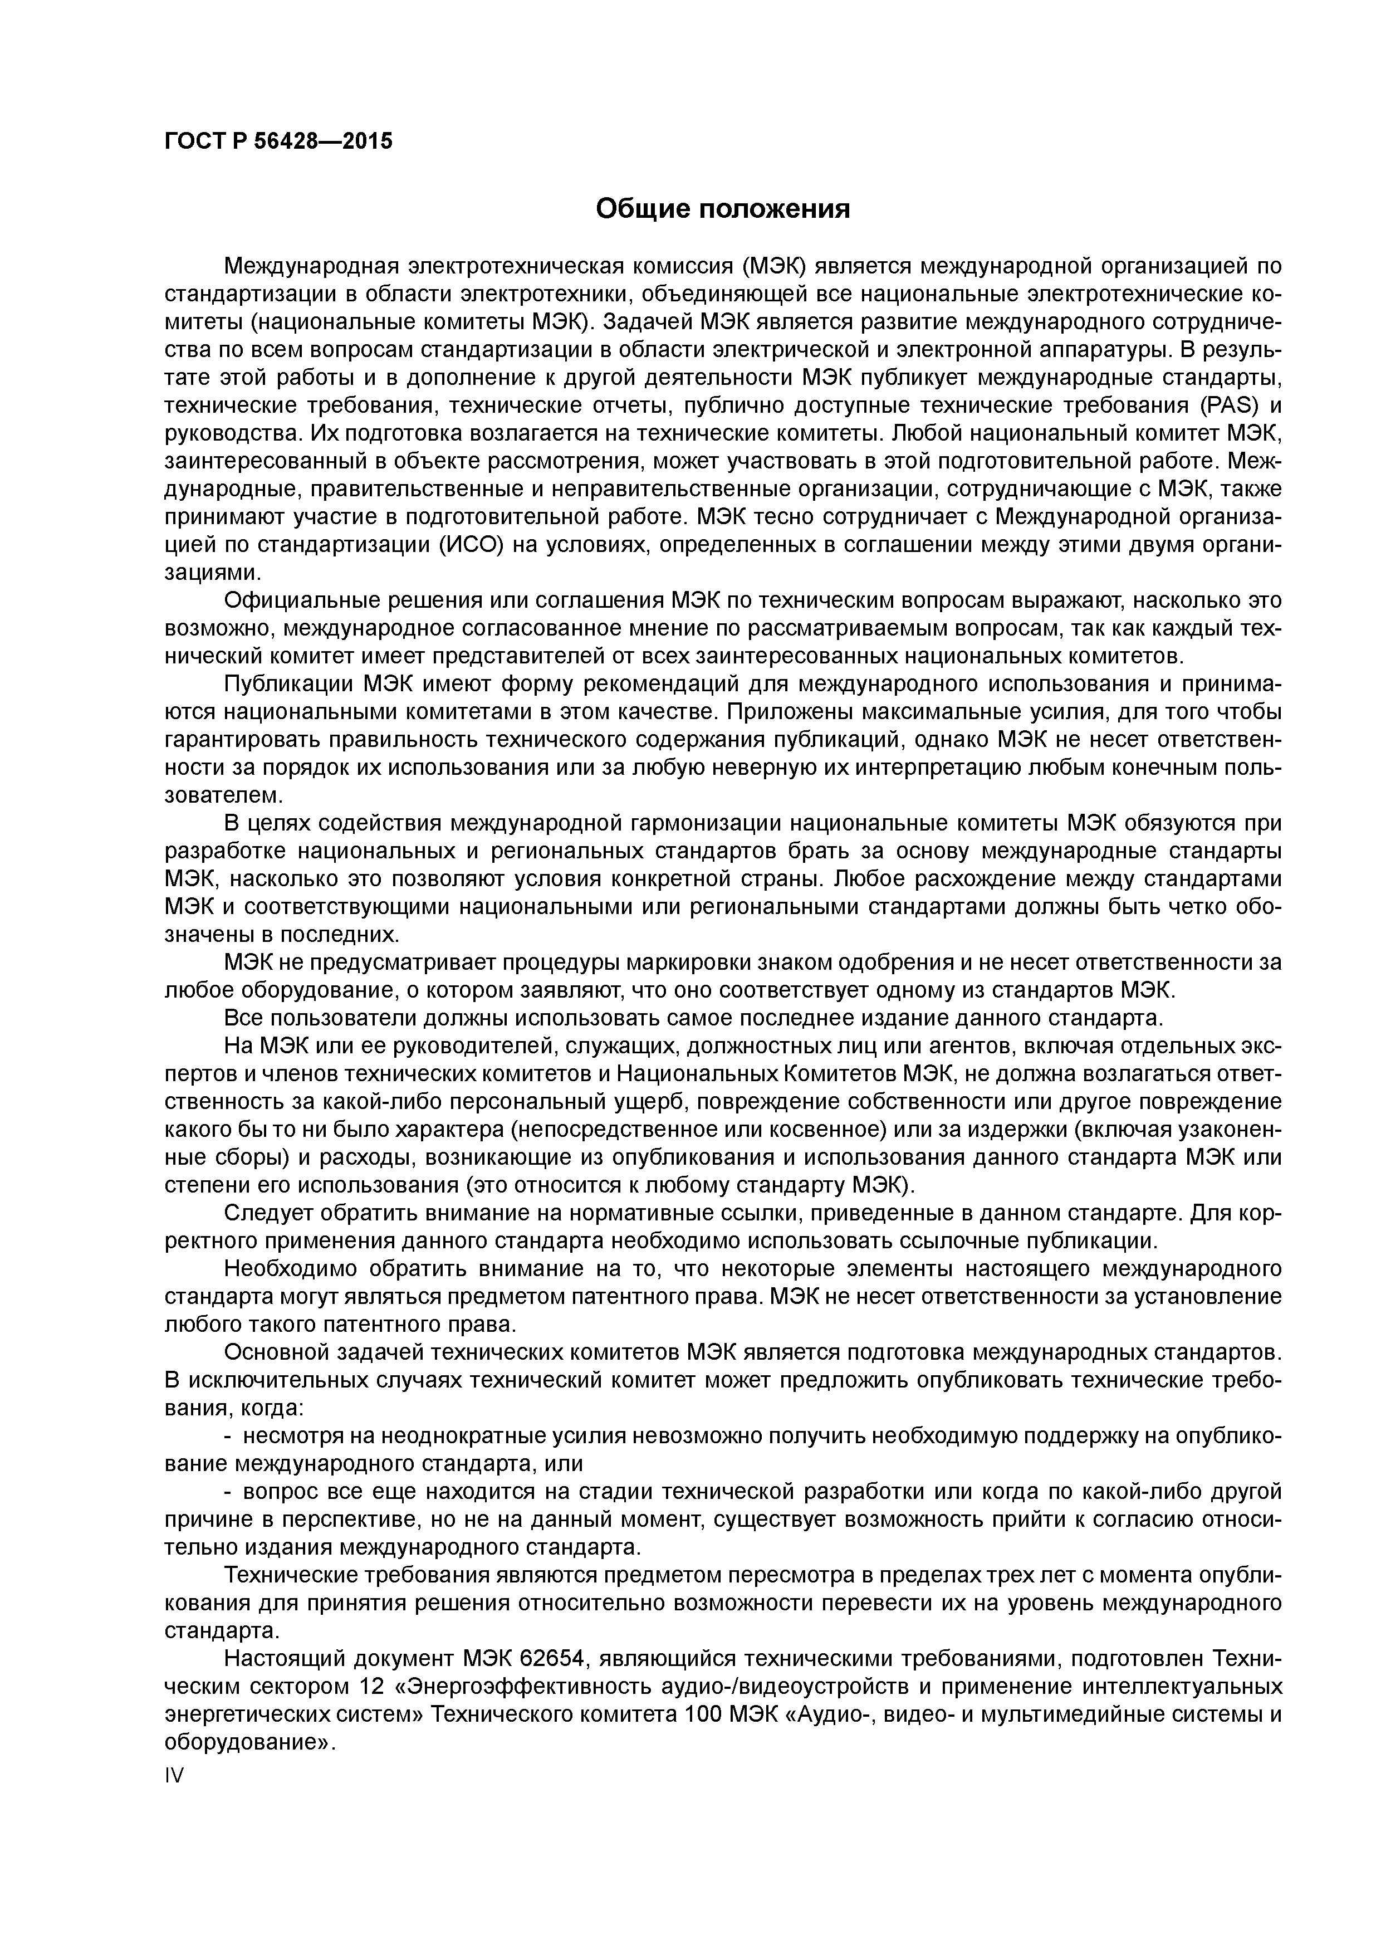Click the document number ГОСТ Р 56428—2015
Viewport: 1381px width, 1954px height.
[278, 141]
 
